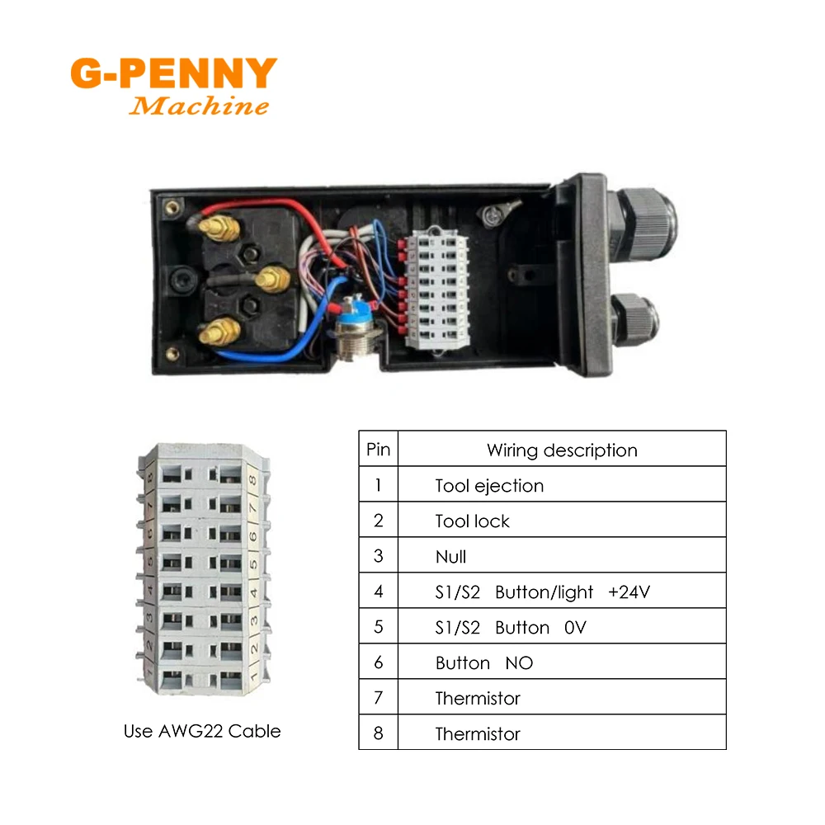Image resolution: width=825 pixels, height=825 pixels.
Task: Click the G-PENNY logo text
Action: click(x=173, y=73)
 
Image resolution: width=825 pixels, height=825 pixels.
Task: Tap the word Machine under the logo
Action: click(x=199, y=106)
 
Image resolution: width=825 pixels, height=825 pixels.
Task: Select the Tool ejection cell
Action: click(x=489, y=486)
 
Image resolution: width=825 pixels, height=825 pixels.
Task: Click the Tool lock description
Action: click(x=472, y=521)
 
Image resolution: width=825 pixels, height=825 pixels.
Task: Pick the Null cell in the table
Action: click(x=450, y=557)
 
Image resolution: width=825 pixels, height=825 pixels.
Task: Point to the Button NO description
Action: click(x=484, y=663)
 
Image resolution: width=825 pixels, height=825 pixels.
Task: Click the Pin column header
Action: click(x=378, y=450)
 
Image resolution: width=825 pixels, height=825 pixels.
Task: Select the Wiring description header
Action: click(x=562, y=450)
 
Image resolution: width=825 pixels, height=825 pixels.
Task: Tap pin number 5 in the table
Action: click(x=378, y=628)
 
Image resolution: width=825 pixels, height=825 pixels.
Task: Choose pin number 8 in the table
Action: click(x=378, y=733)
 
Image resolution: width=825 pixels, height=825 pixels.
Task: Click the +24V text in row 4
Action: click(x=630, y=592)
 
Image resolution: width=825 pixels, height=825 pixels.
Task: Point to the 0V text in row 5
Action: click(x=575, y=628)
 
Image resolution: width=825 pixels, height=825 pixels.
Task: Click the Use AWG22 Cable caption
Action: click(x=202, y=731)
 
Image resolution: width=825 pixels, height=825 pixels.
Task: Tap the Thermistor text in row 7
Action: click(x=478, y=699)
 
